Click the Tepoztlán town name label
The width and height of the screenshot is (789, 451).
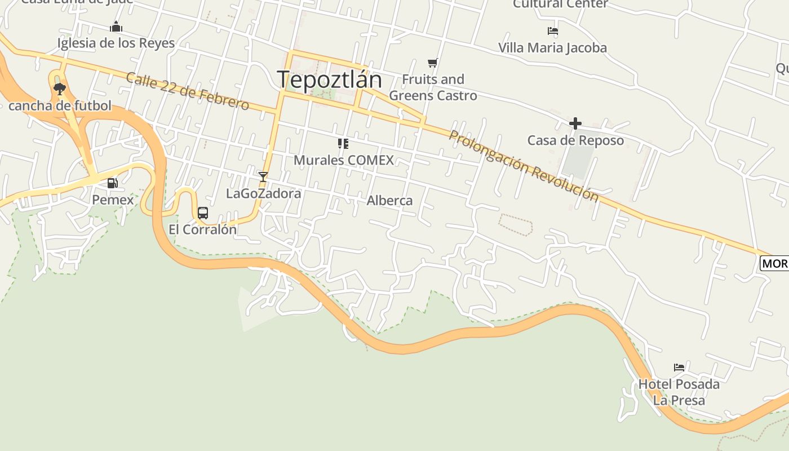(x=329, y=79)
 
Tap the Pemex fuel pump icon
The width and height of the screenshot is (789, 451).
(x=113, y=183)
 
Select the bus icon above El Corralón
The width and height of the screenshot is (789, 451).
(x=203, y=213)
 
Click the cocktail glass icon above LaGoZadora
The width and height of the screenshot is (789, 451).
(x=263, y=176)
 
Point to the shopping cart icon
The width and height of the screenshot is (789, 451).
(x=432, y=63)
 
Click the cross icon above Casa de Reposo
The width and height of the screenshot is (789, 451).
(x=575, y=123)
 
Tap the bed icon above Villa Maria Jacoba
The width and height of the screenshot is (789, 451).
(x=552, y=31)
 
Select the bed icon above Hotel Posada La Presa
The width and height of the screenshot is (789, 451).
(x=679, y=368)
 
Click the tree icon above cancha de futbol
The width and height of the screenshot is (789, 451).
(x=59, y=89)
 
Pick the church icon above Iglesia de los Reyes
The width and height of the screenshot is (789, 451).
(x=116, y=26)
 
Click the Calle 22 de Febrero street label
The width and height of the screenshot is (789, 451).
(x=187, y=91)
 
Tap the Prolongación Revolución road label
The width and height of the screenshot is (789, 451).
(x=524, y=166)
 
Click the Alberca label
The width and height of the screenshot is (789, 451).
(x=389, y=201)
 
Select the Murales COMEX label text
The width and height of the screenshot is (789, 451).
(x=344, y=160)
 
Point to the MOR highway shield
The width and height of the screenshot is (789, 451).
(x=774, y=263)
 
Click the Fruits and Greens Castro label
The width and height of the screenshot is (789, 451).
(x=433, y=87)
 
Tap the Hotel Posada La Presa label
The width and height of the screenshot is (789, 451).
(x=679, y=392)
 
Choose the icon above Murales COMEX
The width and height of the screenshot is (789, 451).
(x=343, y=144)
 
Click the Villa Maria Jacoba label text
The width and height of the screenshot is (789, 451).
(x=552, y=48)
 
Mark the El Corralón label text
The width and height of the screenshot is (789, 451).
(x=203, y=230)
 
